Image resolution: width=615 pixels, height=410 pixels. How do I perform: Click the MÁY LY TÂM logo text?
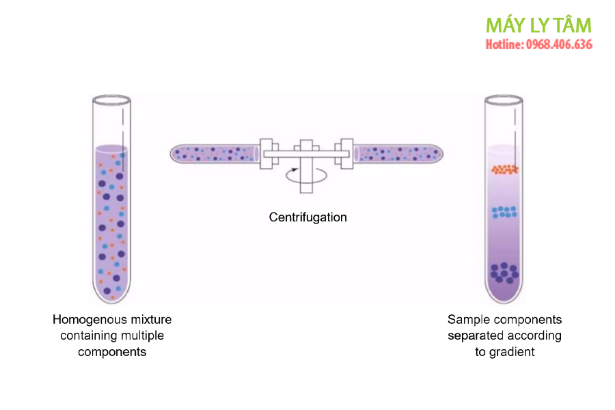538,25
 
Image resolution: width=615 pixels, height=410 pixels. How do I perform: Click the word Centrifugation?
307,217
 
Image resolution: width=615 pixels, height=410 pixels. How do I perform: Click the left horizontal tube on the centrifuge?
213,153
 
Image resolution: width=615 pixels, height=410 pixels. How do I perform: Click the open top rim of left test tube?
111,99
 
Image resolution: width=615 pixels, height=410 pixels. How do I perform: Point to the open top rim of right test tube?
504,99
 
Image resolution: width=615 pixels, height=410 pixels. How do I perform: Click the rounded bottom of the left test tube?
111,295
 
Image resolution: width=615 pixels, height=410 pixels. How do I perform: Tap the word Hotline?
504,45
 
